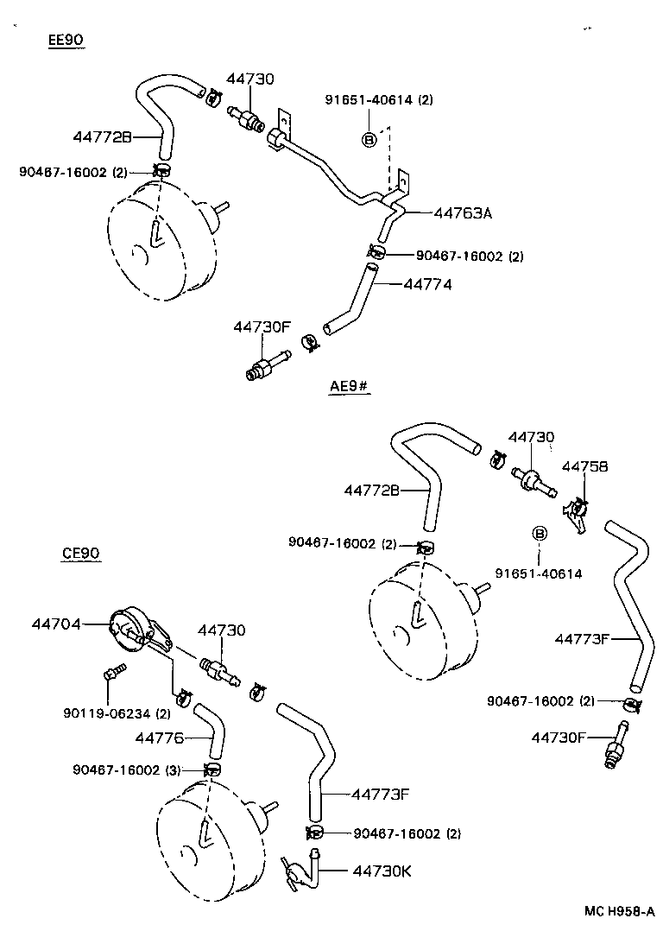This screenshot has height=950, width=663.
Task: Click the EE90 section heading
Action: point(66,40)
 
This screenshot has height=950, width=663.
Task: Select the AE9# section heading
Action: point(349,386)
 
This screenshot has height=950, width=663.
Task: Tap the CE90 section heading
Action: point(81,553)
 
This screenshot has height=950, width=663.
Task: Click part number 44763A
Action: point(462,212)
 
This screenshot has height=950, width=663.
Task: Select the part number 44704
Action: point(56,622)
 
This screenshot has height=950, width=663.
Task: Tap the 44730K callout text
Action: point(382,870)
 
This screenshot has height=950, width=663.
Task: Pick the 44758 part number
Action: point(584,466)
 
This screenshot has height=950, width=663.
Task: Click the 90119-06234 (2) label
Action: point(117,713)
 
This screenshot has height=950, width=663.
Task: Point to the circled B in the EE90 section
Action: point(369,139)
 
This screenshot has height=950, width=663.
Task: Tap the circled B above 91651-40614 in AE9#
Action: point(540,534)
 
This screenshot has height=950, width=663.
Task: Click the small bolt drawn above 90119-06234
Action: point(112,671)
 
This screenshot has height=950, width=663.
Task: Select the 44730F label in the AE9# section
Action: point(559,737)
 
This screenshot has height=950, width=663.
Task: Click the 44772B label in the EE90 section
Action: point(102,136)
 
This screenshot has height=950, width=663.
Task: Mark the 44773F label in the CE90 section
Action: point(379,793)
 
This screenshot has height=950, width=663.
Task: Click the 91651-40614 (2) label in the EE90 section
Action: point(379,99)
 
